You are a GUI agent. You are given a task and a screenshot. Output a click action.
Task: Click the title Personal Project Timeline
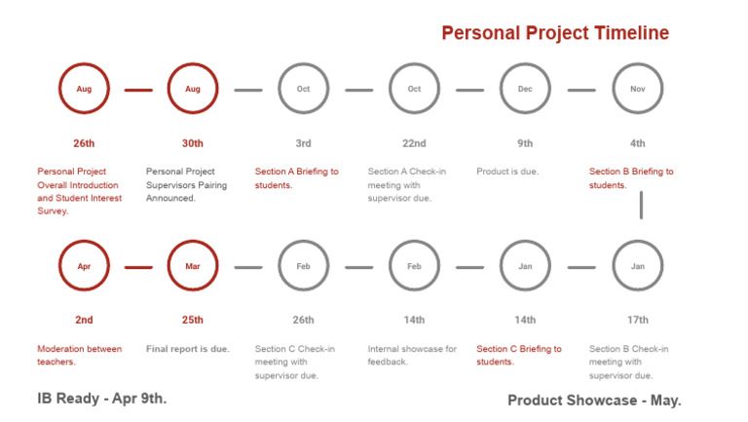pos(555,33)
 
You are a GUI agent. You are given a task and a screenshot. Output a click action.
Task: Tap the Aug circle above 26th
pos(85,90)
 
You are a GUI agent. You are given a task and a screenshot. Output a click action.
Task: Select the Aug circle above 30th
pos(193,90)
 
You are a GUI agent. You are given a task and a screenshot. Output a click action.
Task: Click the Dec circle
pos(525,90)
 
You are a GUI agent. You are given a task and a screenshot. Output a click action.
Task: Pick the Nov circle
pos(638,90)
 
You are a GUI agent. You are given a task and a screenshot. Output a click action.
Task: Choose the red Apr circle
pos(85,266)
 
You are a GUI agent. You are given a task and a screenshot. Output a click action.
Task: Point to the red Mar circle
pos(193,266)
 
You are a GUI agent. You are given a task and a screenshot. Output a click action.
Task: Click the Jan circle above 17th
pos(638,266)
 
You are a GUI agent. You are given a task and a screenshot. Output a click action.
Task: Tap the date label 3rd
pos(303,143)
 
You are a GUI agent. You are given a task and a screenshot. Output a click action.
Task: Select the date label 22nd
pos(414,143)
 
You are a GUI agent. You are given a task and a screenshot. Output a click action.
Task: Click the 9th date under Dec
pos(525,143)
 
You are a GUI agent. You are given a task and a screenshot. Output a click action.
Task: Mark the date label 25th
pos(193,320)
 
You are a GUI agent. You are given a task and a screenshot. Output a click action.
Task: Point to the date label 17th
pos(638,320)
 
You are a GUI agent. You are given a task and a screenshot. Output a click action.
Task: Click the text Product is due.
pos(507,172)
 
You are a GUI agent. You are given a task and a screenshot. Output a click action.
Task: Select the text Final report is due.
pos(188,349)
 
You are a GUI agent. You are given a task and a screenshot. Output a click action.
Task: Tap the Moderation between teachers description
pos(80,355)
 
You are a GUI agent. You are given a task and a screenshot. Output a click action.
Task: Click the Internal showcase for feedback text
pos(412,355)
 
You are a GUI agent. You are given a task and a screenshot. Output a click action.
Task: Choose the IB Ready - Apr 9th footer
pos(102,398)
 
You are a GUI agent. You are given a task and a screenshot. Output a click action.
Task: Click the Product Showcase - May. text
pos(594,400)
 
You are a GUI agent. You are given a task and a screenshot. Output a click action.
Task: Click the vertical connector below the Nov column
pos(641,206)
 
